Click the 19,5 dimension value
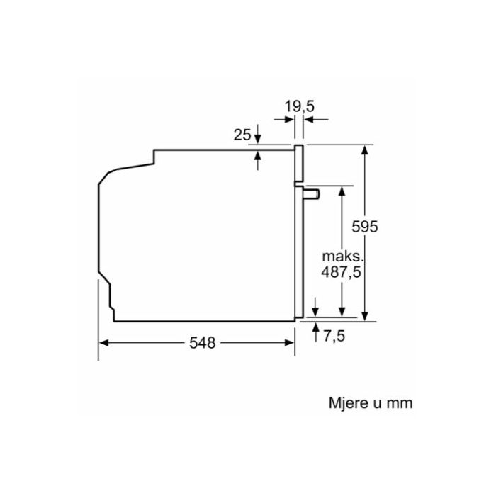pyautogui.click(x=300, y=106)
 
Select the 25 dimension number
pyautogui.click(x=242, y=135)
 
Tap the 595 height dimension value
pyautogui.click(x=365, y=227)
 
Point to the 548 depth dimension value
pyautogui.click(x=202, y=342)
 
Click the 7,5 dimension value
pyautogui.click(x=334, y=336)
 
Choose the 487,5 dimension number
pyautogui.click(x=341, y=272)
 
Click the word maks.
pyautogui.click(x=342, y=257)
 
